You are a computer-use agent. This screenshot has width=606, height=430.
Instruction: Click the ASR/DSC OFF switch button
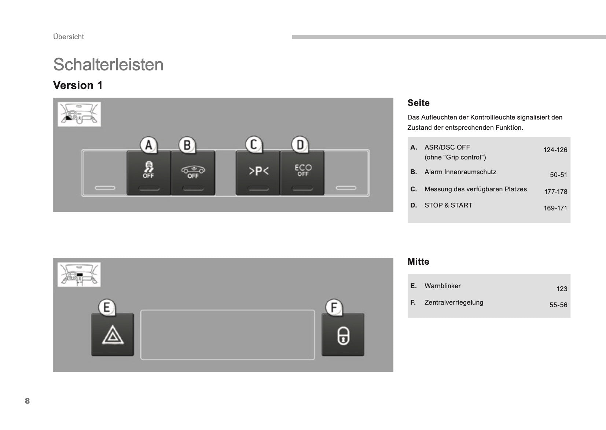pos(148,172)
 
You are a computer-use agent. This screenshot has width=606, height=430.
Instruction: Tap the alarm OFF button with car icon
pos(193,172)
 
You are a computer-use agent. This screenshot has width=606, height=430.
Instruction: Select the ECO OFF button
pos(302,172)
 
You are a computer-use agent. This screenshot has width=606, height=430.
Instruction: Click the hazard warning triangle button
pos(113,334)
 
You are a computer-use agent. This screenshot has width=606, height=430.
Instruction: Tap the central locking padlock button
pos(343,334)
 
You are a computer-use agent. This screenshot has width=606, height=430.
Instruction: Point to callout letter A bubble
pos(148,145)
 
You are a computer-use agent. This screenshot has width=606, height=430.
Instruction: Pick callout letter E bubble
pos(107,307)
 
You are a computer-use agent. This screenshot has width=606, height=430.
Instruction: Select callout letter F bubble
pos(334,307)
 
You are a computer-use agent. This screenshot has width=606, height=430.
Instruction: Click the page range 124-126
pos(555,150)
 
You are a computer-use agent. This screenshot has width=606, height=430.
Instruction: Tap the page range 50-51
pos(558,175)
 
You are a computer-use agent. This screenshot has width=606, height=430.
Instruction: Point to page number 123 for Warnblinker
pos(562,289)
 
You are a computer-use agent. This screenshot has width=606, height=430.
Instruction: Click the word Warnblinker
pos(442,286)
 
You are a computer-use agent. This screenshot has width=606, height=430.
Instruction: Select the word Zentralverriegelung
pos(454,302)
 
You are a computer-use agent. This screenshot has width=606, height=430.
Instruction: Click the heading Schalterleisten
pos(108,65)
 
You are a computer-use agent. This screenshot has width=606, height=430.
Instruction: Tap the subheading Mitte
pos(418,262)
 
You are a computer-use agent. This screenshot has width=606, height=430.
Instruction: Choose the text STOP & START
pos(448,205)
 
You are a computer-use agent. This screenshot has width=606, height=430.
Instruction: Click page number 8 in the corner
pos(27,401)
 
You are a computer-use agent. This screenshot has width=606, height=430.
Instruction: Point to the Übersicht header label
pos(69,37)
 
